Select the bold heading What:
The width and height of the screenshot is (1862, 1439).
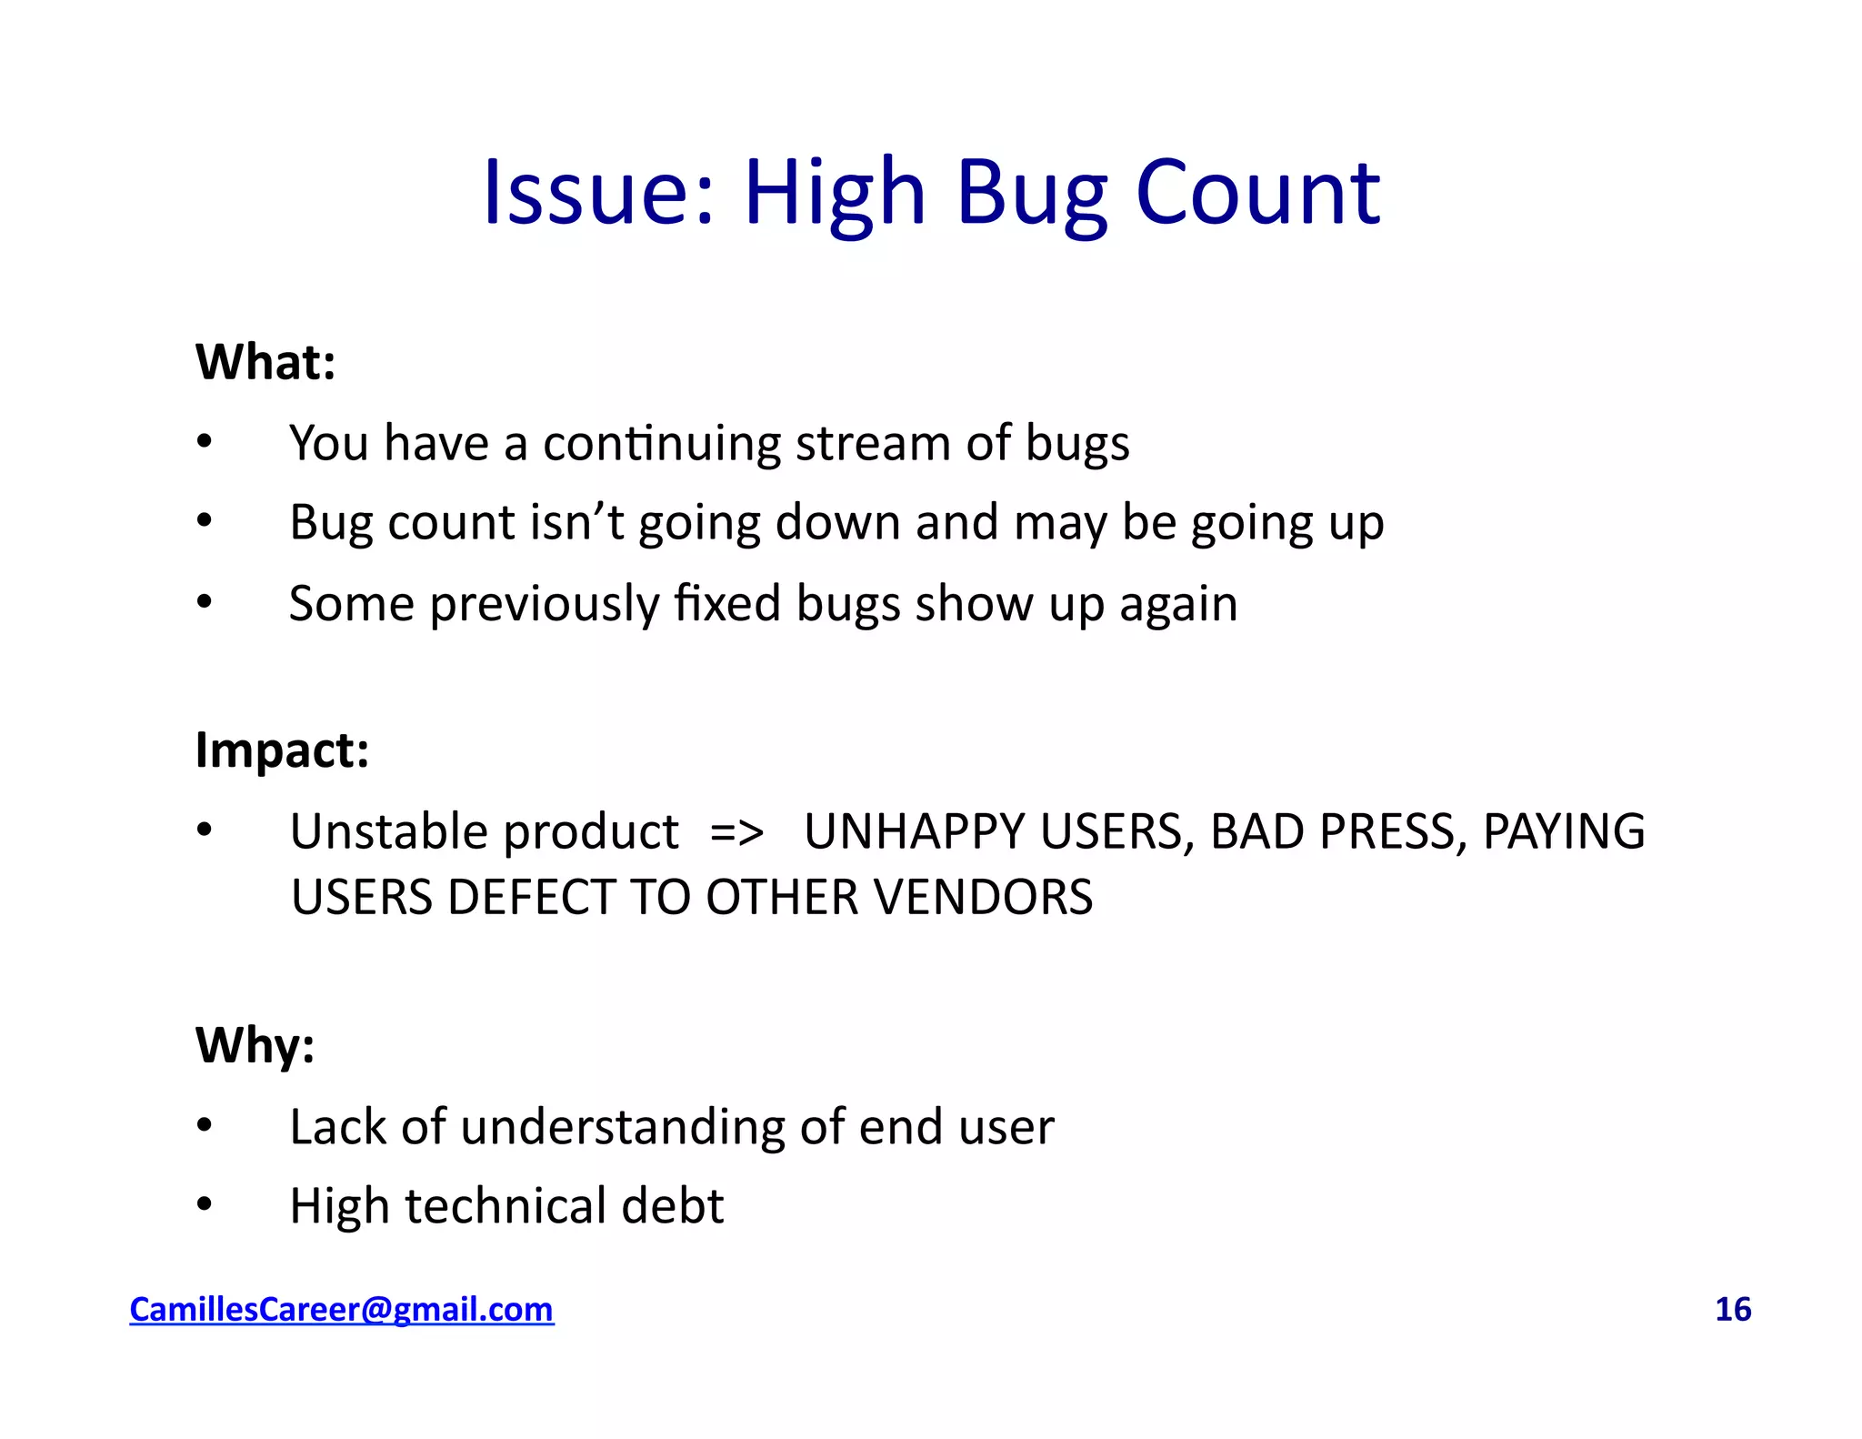point(265,362)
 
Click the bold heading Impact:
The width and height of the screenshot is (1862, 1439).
point(282,750)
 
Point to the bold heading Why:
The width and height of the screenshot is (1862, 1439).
point(255,1045)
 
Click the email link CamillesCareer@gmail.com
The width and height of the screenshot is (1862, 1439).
point(341,1309)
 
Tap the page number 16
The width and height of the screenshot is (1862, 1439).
point(1732,1309)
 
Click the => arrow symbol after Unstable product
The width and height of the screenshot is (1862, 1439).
point(736,831)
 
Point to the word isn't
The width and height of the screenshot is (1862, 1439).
point(577,523)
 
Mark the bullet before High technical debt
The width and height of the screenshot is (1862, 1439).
point(205,1204)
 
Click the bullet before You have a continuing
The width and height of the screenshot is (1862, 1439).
point(205,442)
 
